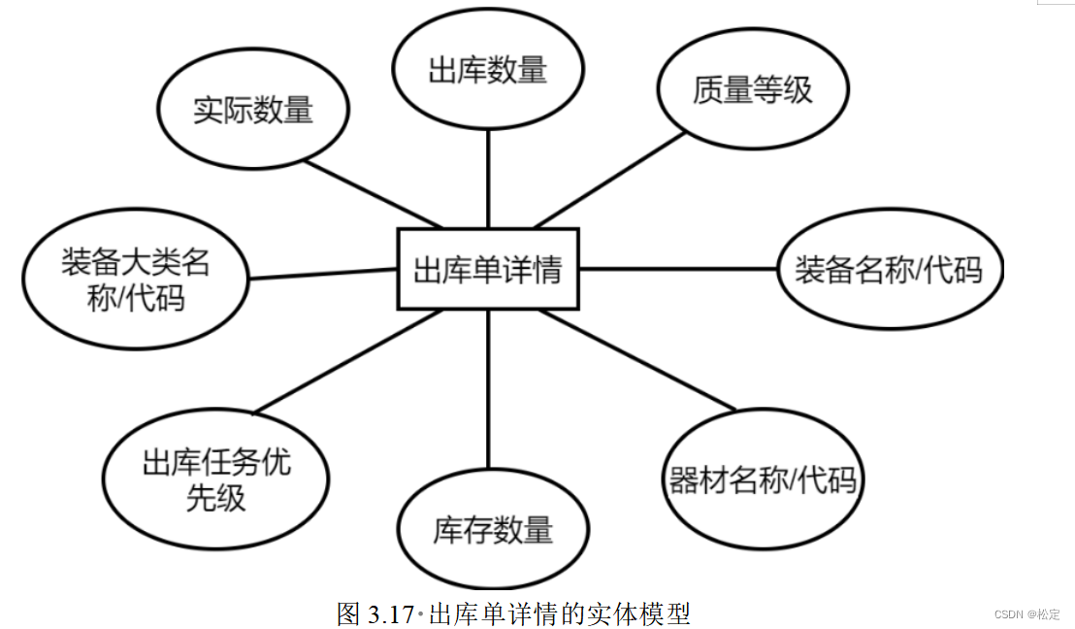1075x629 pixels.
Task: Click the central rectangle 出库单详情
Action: [488, 269]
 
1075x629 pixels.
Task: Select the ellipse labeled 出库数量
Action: [487, 70]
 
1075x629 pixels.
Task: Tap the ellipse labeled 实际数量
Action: [253, 110]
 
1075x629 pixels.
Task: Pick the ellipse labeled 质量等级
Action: [753, 90]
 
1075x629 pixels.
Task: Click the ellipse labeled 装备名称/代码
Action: [890, 269]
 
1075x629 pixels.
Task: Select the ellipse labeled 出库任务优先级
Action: [216, 479]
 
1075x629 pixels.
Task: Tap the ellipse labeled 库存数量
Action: [493, 529]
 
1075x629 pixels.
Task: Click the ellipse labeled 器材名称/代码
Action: [764, 480]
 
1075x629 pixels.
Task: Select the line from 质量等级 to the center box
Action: [611, 180]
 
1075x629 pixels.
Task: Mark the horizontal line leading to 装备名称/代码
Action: [679, 268]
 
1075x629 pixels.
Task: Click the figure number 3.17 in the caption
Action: [389, 613]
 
